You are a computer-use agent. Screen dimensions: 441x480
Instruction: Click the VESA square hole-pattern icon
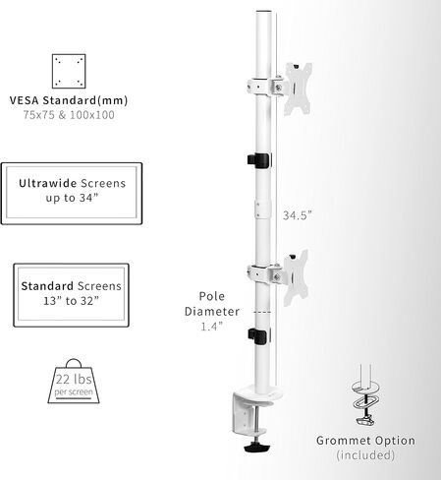[69, 71]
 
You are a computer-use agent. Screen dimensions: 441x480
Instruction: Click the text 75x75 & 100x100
[69, 115]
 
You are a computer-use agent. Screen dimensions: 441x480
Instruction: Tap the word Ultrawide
[48, 183]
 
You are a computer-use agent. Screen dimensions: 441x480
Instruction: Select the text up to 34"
[72, 198]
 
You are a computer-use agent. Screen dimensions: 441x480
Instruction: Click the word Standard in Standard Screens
[47, 286]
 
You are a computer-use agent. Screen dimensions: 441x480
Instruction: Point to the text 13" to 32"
[71, 301]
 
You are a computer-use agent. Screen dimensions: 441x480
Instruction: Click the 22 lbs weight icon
[74, 382]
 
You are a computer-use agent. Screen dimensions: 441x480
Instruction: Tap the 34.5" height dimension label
[298, 215]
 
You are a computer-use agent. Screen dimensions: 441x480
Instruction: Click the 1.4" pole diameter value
[211, 327]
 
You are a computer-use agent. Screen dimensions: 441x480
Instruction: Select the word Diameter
[212, 311]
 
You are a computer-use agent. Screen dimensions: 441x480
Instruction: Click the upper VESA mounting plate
[298, 89]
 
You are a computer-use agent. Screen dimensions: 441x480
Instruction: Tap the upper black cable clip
[259, 160]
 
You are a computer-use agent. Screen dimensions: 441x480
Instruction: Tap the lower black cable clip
[259, 336]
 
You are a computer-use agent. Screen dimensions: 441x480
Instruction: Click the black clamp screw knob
[257, 447]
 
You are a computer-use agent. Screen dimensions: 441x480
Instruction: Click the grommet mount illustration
[365, 395]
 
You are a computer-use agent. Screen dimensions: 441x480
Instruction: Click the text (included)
[365, 455]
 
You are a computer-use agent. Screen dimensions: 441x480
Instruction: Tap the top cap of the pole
[264, 12]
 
